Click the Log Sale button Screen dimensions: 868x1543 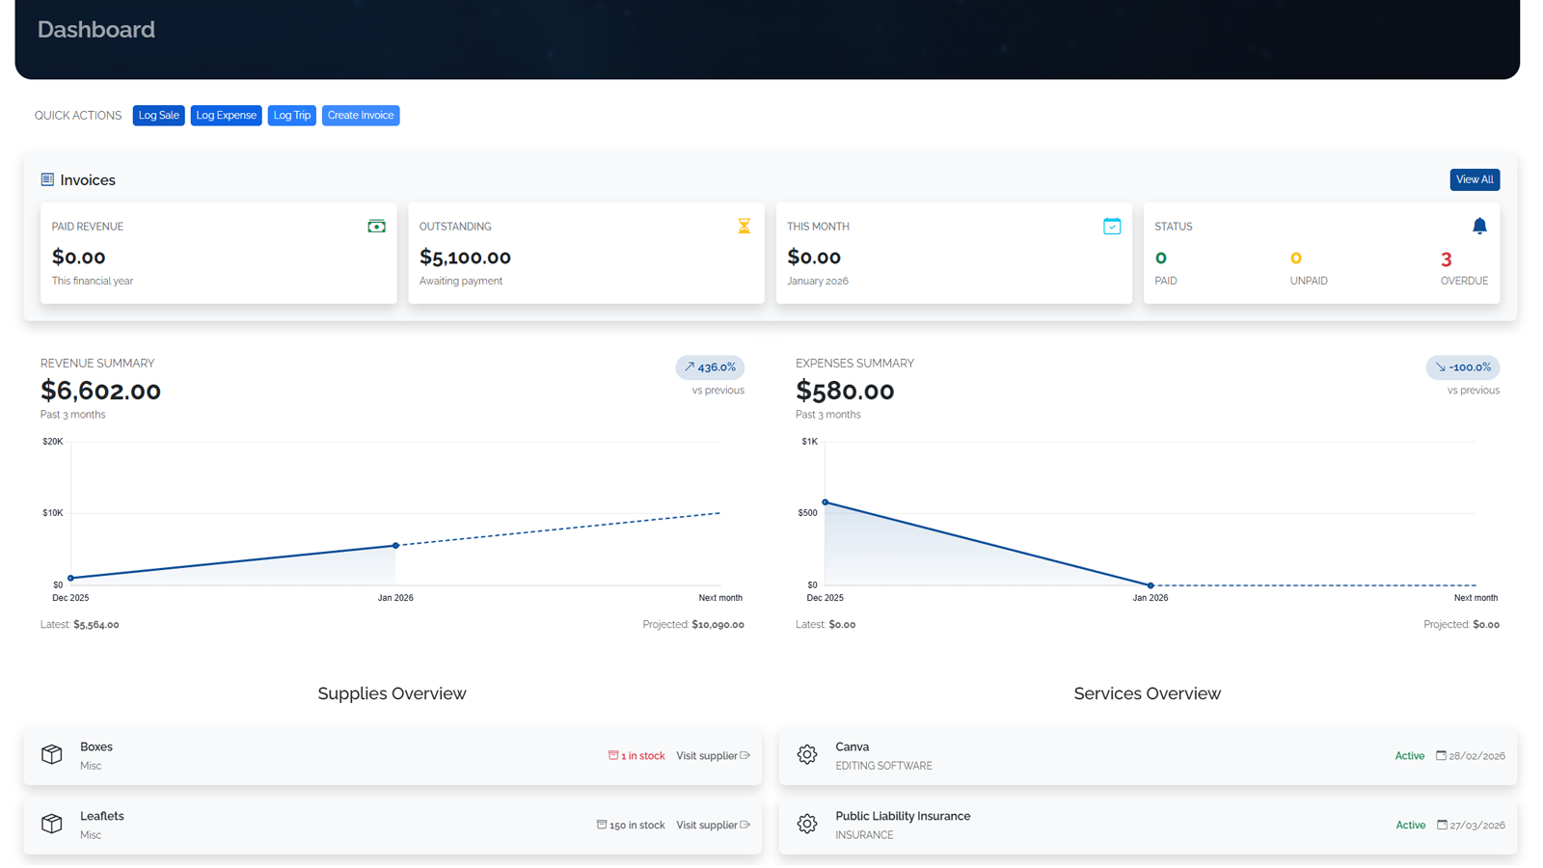coord(158,116)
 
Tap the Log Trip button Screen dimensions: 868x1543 coord(291,116)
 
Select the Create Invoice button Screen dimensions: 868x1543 coord(361,116)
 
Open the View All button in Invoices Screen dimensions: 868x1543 coord(1474,179)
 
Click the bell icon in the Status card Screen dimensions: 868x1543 coord(1479,226)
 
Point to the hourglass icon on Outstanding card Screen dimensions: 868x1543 coord(744,226)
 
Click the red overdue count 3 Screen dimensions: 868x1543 coord(1446,259)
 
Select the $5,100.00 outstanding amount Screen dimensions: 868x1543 coord(465,258)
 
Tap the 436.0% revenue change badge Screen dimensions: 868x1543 coord(710,367)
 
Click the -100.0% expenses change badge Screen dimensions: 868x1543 coord(1463,367)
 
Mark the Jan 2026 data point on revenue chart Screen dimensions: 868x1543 coord(395,546)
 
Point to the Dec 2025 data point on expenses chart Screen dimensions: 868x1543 coord(826,502)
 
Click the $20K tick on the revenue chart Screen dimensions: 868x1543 coord(53,442)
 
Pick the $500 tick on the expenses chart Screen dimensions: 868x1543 coord(807,513)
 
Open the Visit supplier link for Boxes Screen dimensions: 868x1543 coord(713,756)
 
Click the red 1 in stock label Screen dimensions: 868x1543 coord(636,756)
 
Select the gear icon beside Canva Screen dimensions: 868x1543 coord(807,755)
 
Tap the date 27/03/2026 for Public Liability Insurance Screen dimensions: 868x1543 coord(1476,826)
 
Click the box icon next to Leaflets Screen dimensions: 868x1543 coord(52,824)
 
